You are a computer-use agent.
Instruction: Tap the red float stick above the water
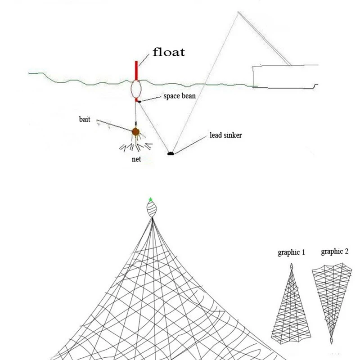[x=136, y=69]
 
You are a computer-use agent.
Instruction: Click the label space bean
[x=179, y=96]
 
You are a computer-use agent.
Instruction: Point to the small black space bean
[x=140, y=102]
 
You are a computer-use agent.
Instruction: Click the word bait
[x=84, y=120]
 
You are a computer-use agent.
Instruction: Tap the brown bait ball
[x=135, y=132]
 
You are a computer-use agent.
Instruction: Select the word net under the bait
[x=136, y=159]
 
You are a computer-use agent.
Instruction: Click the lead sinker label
[x=225, y=135]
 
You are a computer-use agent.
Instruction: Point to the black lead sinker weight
[x=170, y=153]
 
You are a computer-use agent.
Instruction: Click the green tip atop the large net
[x=151, y=199]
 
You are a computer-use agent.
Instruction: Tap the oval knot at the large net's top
[x=152, y=209]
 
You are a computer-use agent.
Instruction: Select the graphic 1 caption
[x=291, y=252]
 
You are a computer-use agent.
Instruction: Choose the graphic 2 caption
[x=334, y=252]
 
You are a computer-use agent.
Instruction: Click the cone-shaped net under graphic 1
[x=291, y=306]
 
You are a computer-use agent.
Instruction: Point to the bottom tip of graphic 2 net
[x=332, y=341]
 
